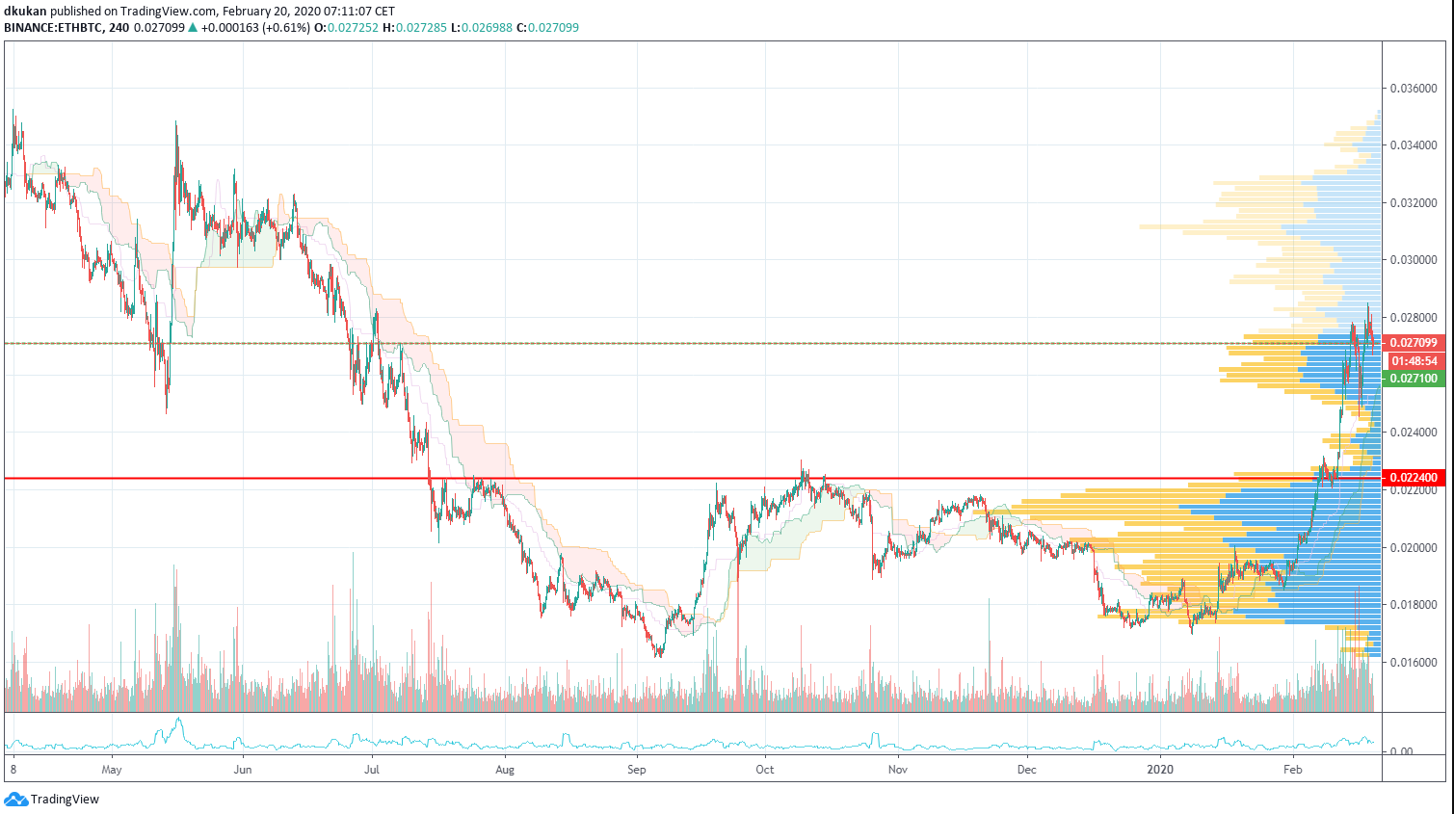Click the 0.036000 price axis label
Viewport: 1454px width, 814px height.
point(1413,89)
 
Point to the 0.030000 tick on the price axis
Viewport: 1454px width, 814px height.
point(1413,260)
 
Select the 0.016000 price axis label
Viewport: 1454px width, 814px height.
point(1413,663)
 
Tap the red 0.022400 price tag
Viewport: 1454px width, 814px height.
point(1414,478)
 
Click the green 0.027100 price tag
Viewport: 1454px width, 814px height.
point(1414,379)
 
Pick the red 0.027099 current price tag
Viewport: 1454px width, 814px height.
point(1414,343)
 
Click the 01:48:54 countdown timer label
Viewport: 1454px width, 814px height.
point(1414,361)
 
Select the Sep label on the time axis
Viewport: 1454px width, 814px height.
point(636,770)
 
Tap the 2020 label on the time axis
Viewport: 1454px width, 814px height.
point(1160,770)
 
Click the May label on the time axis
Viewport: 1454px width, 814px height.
point(112,770)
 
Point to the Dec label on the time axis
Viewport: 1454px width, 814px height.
point(1027,770)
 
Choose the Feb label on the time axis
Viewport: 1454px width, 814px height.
point(1293,770)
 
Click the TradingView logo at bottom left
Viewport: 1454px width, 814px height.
point(53,800)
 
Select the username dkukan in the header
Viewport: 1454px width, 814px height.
point(25,12)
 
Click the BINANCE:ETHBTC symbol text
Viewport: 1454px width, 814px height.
point(53,28)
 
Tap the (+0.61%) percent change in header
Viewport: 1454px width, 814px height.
point(285,28)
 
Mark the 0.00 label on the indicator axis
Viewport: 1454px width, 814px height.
point(1403,751)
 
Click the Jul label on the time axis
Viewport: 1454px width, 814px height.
point(372,770)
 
